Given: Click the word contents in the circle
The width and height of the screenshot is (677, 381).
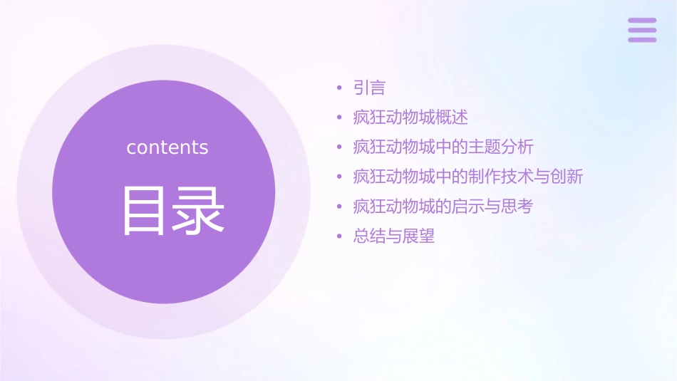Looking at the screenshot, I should (167, 147).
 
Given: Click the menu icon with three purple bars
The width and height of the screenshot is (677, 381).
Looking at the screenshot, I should (642, 31).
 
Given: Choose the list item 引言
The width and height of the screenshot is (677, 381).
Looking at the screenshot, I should (369, 88).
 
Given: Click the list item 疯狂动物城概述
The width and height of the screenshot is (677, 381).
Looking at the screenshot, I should (410, 118).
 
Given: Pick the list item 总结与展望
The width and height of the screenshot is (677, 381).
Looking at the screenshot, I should (394, 236).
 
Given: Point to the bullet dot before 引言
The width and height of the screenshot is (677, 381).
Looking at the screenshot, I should (339, 88).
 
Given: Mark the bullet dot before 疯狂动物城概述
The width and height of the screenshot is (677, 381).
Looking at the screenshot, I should (339, 118).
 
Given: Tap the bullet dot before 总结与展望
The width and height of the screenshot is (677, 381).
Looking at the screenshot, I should (339, 236).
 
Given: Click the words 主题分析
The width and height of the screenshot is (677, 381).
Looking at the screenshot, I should (500, 147).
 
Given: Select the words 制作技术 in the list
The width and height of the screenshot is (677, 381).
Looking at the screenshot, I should (500, 177).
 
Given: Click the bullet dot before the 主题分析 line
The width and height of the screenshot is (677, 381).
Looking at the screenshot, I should (339, 147).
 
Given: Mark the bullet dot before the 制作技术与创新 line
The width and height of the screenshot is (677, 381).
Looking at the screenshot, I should (339, 177).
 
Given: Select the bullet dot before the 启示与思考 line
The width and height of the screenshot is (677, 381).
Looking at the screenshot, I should (339, 207).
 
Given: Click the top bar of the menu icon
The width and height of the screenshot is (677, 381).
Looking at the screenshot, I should (642, 21).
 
